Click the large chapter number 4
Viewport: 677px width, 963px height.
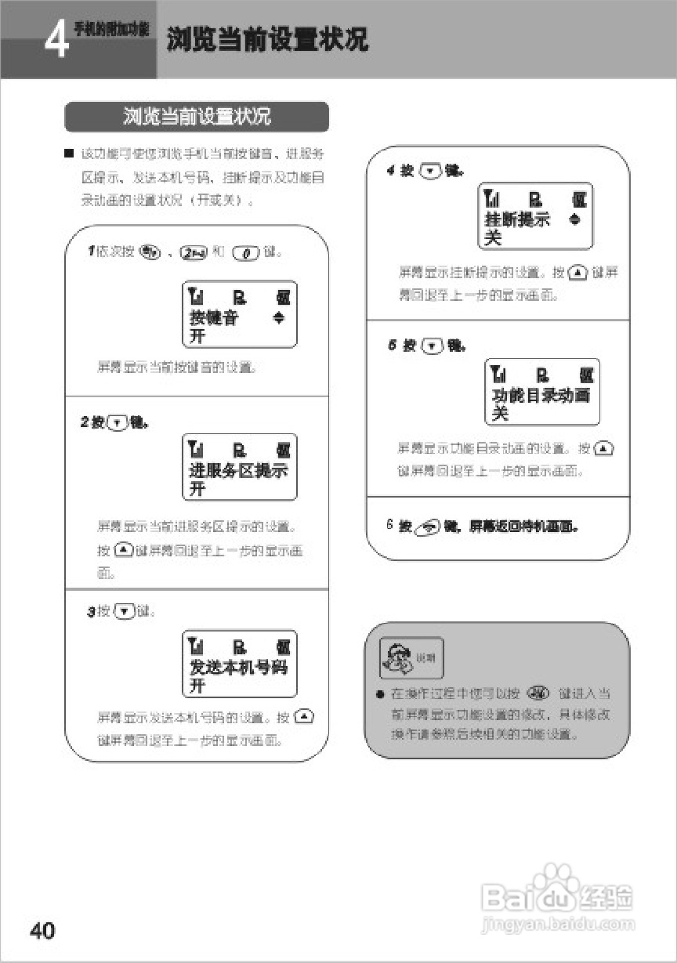point(56,40)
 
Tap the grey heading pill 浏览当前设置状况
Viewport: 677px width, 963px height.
point(197,118)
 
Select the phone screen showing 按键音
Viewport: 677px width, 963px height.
point(239,315)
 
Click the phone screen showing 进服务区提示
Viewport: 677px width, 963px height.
point(239,467)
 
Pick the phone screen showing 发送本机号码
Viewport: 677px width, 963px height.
point(239,664)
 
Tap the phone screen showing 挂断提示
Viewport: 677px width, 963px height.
point(535,216)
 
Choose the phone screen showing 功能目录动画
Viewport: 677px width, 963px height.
point(542,392)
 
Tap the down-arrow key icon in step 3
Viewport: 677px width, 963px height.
point(125,611)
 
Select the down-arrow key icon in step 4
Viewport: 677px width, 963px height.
point(432,171)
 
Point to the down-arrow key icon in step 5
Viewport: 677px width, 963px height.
point(433,346)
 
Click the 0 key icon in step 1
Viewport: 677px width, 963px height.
point(245,252)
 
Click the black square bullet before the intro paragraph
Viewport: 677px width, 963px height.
point(70,152)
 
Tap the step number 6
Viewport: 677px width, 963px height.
point(389,524)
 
